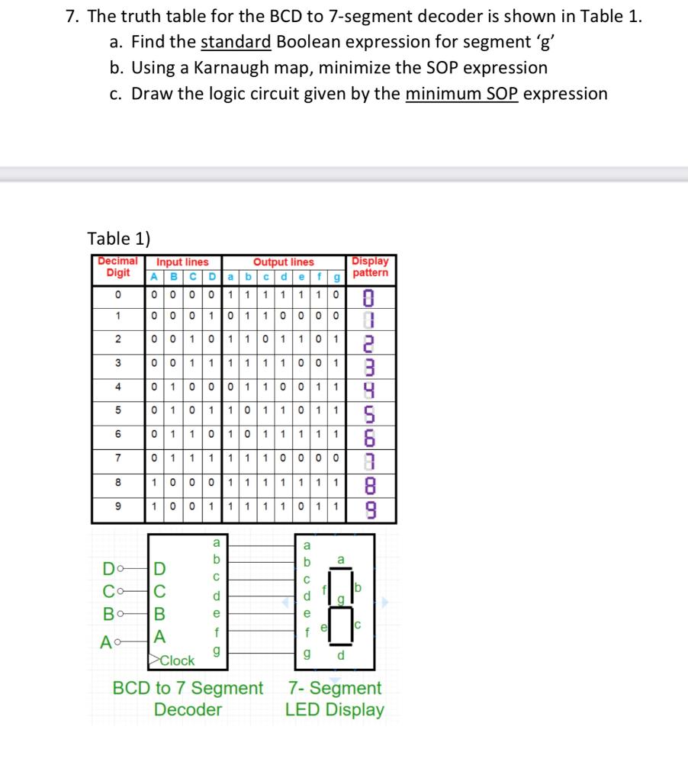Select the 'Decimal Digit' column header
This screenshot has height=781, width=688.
tap(114, 266)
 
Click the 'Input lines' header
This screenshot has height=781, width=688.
tap(183, 262)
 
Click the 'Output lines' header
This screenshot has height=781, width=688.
tap(284, 262)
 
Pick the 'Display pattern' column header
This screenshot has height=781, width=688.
tap(371, 266)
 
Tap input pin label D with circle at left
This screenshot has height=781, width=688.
tap(115, 567)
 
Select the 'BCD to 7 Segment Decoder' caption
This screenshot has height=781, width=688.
tap(188, 699)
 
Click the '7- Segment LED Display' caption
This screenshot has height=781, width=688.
tap(335, 699)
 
